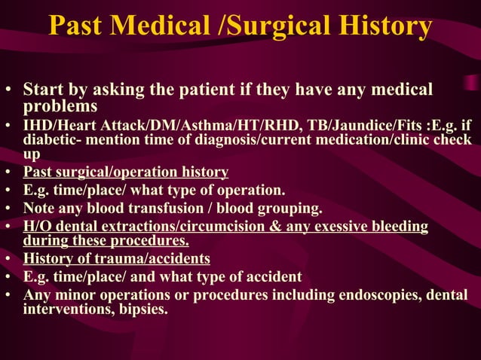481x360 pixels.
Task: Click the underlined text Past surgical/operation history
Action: coord(126,172)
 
